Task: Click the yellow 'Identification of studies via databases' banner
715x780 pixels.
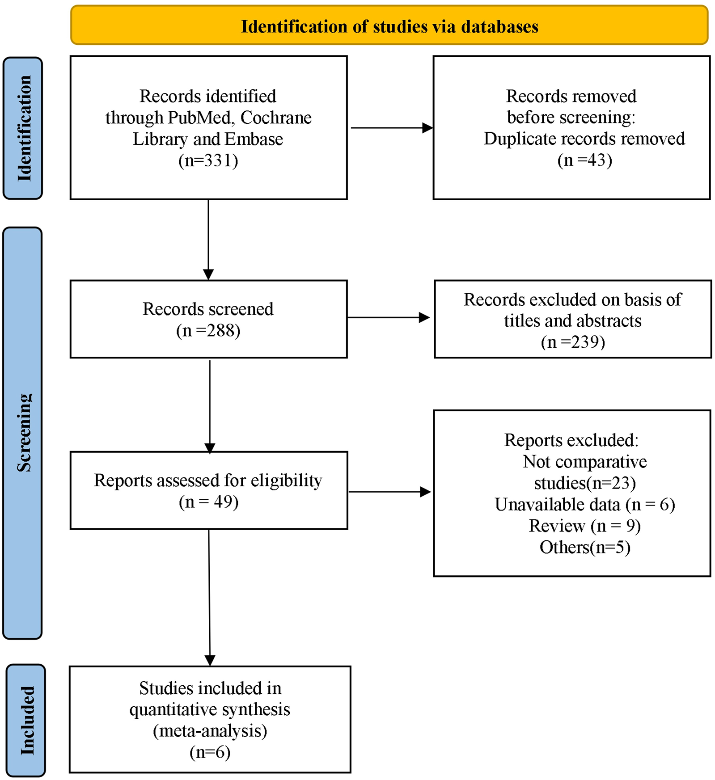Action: pyautogui.click(x=389, y=25)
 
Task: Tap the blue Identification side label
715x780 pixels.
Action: pyautogui.click(x=23, y=128)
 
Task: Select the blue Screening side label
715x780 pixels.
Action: pyautogui.click(x=23, y=433)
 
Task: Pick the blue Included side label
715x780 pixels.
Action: pyautogui.click(x=26, y=720)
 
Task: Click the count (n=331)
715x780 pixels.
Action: pyautogui.click(x=208, y=160)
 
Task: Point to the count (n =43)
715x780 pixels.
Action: pyautogui.click(x=584, y=160)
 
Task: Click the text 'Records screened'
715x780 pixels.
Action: pyautogui.click(x=208, y=309)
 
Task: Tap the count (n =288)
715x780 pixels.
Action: pyautogui.click(x=208, y=330)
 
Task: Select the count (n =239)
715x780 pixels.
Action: pyautogui.click(x=573, y=342)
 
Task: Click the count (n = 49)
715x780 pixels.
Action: pyautogui.click(x=208, y=502)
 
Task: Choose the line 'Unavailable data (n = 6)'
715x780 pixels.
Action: pyautogui.click(x=584, y=504)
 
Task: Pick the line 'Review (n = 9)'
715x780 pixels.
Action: pyautogui.click(x=584, y=526)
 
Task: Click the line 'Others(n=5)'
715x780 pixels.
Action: pyautogui.click(x=584, y=547)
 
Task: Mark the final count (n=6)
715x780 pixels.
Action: pyautogui.click(x=210, y=752)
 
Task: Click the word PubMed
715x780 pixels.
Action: pyautogui.click(x=200, y=118)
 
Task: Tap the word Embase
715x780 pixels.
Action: pyautogui.click(x=254, y=139)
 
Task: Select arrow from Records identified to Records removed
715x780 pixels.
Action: pyautogui.click(x=391, y=128)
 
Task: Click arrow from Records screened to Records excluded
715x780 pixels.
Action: pyautogui.click(x=388, y=317)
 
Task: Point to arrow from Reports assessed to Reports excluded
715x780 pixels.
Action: pyautogui.click(x=389, y=492)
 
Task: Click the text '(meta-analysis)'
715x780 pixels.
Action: pyautogui.click(x=210, y=730)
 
